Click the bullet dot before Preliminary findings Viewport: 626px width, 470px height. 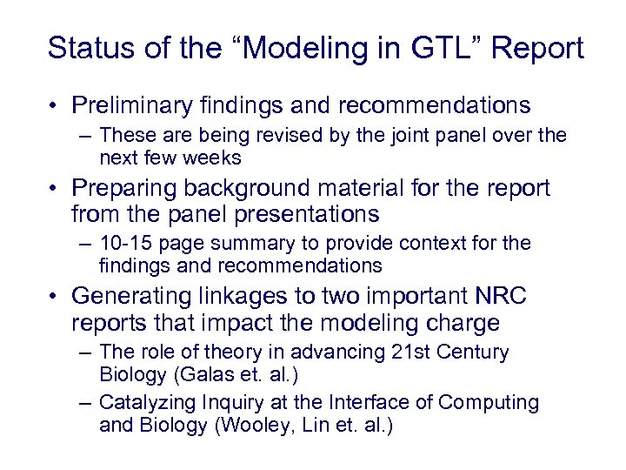pos(54,106)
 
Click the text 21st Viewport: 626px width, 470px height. pos(429,352)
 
